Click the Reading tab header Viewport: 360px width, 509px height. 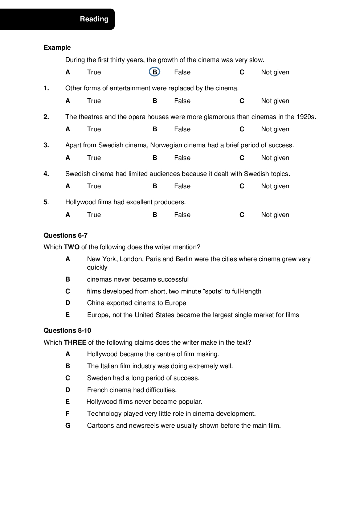point(94,19)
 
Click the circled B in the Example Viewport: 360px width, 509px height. point(155,72)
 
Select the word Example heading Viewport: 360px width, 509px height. point(57,48)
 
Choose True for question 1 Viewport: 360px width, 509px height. point(94,101)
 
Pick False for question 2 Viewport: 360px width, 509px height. point(182,129)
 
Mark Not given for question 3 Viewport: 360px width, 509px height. point(275,158)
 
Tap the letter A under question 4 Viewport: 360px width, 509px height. point(68,186)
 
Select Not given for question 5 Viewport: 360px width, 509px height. point(275,215)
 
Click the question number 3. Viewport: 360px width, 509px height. point(46,145)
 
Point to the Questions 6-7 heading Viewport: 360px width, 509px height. point(65,235)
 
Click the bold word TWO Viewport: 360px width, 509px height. point(71,247)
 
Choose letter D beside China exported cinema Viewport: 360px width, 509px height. point(68,303)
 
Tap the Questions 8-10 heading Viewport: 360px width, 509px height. point(67,331)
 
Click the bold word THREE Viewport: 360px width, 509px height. point(75,342)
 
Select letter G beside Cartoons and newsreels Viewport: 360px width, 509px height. point(68,426)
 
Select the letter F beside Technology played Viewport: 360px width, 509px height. point(67,414)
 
